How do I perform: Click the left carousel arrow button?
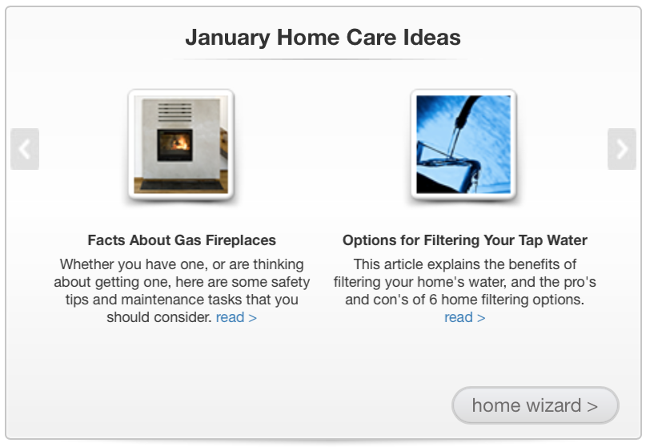25,149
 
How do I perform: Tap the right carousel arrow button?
622,149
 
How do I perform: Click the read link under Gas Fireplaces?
236,317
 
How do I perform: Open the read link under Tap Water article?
465,317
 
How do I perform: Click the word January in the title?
227,38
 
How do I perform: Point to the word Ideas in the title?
432,37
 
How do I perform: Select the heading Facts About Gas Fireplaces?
182,240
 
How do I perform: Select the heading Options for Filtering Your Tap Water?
465,240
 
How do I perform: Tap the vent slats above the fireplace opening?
175,112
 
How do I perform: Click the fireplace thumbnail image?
181,144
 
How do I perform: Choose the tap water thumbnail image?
463,144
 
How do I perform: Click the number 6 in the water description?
433,300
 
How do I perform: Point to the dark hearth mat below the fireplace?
182,185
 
